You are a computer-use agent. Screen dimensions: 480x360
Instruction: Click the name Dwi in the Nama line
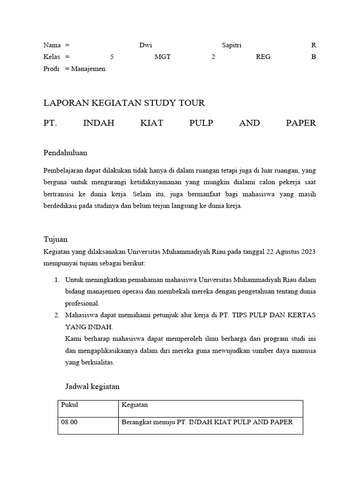coord(146,45)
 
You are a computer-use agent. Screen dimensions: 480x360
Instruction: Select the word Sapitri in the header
coord(232,45)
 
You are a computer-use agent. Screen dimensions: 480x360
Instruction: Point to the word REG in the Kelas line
coord(263,57)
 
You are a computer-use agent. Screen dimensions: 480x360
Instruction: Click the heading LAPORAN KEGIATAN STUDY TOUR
coord(124,103)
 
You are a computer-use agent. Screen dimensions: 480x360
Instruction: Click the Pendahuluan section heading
coord(65,153)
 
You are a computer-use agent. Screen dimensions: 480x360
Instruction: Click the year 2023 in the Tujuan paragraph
coord(307,251)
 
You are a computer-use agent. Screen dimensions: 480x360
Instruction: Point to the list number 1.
coord(56,280)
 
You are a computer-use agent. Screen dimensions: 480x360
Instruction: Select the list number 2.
coord(56,315)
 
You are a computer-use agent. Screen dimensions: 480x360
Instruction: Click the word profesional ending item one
coord(82,303)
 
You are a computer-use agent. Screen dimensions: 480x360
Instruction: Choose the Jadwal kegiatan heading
coord(92,387)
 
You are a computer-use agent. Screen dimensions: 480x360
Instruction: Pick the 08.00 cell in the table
coord(69,422)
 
